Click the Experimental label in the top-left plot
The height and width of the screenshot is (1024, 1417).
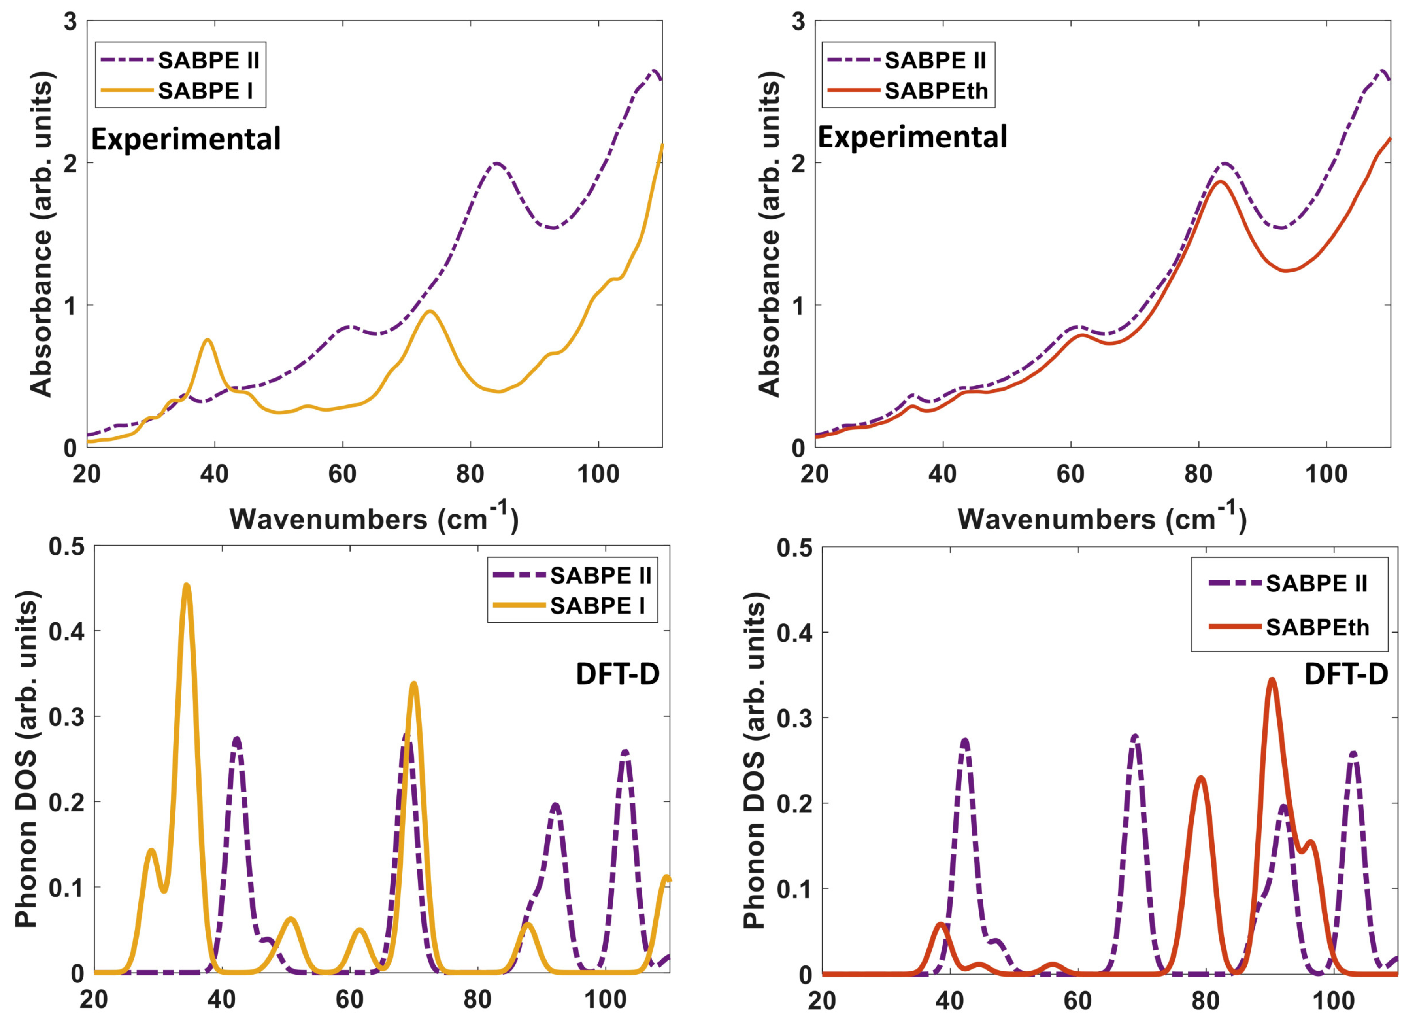click(x=186, y=139)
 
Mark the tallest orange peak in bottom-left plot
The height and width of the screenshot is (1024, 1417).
click(x=186, y=586)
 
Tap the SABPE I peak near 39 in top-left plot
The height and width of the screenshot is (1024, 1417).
click(x=208, y=340)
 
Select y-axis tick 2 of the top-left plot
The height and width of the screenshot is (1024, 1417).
click(x=70, y=163)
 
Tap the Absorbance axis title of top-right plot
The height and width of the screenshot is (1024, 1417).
click(x=770, y=234)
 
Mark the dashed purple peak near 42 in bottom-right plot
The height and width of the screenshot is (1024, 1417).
click(x=965, y=741)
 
